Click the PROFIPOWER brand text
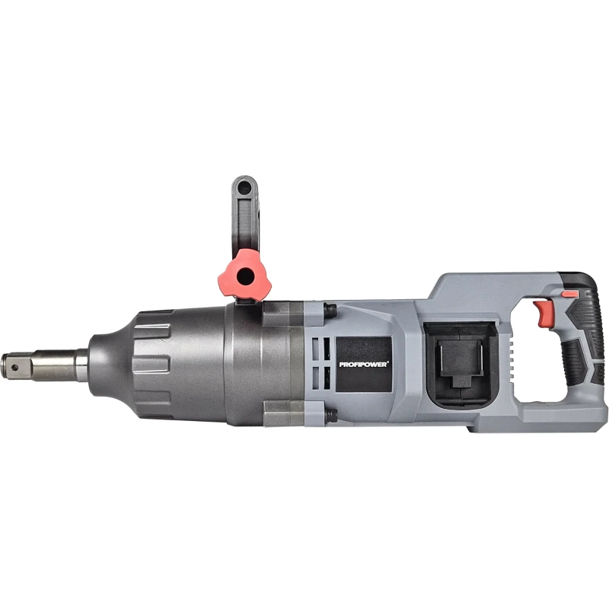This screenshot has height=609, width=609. point(364,365)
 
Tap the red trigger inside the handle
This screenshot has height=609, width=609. point(540,313)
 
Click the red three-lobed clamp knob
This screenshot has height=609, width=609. point(244,276)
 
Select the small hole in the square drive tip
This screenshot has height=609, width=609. point(14,367)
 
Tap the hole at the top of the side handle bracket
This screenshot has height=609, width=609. point(244,190)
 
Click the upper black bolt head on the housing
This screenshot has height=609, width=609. point(330,310)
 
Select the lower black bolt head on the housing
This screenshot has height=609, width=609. point(331,416)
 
